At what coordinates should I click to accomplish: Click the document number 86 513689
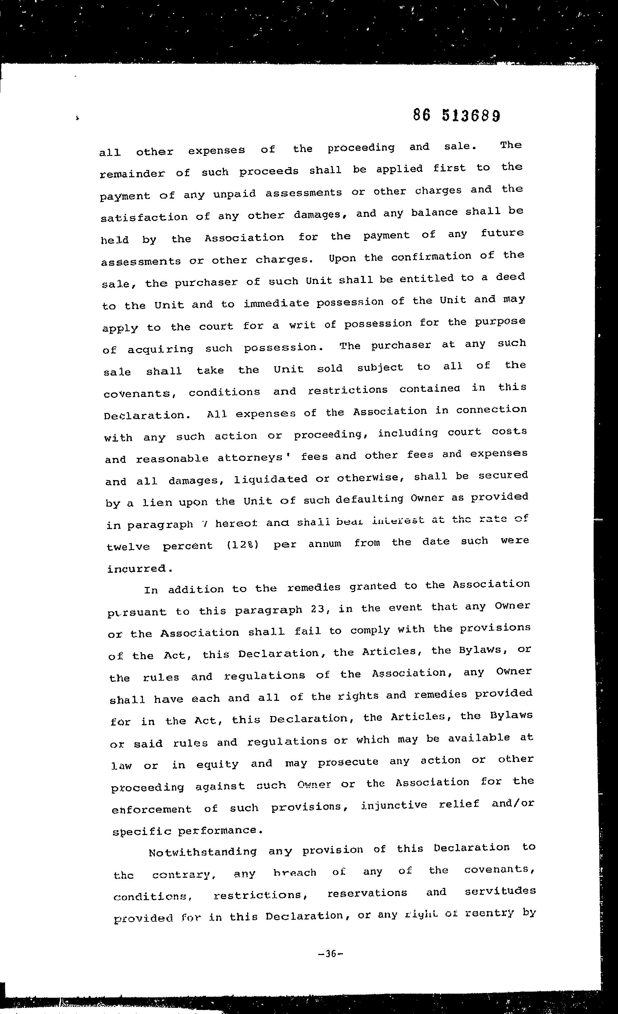coord(457,116)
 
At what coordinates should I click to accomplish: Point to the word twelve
coord(128,547)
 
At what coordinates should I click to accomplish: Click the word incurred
coord(139,569)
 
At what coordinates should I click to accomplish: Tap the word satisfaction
coord(144,217)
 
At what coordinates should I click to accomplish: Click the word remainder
coord(132,173)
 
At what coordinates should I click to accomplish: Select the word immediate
coord(276,304)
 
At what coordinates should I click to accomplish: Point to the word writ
coord(303,325)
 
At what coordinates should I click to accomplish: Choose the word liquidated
coord(270,479)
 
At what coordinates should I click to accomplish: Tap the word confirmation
coord(431,257)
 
